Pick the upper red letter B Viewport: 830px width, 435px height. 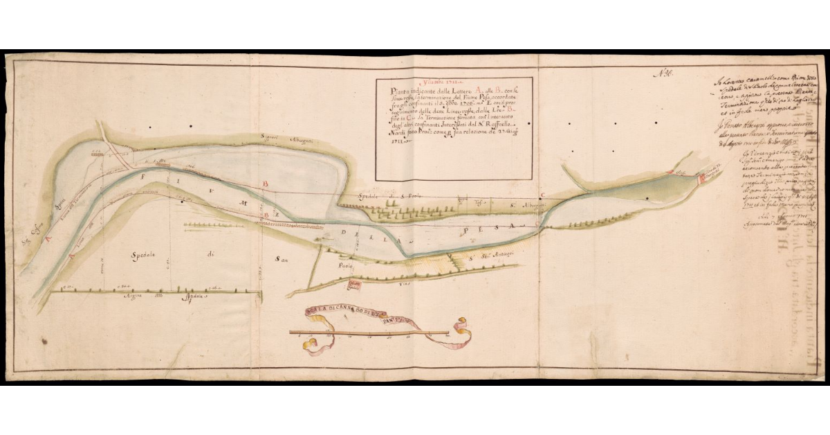point(265,184)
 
